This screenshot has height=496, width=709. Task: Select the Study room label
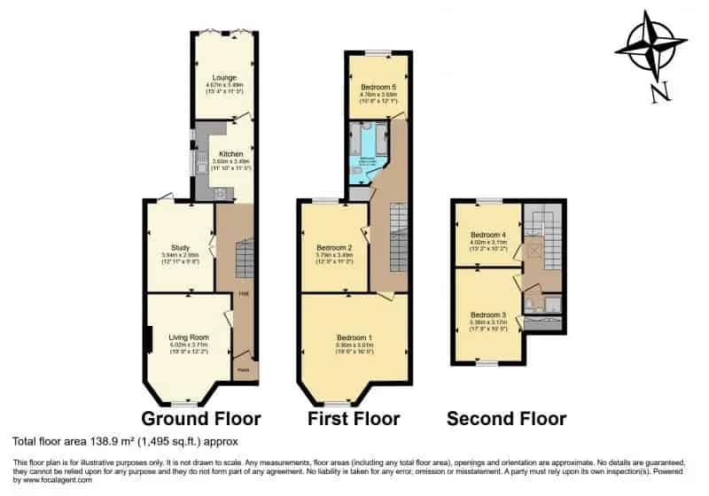click(x=181, y=247)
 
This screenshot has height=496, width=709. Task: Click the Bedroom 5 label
click(x=379, y=77)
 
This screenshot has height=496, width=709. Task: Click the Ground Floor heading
click(x=201, y=418)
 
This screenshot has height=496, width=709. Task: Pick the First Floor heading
click(x=353, y=418)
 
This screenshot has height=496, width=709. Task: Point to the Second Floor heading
click(x=506, y=418)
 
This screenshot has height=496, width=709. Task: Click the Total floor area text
click(x=125, y=441)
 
